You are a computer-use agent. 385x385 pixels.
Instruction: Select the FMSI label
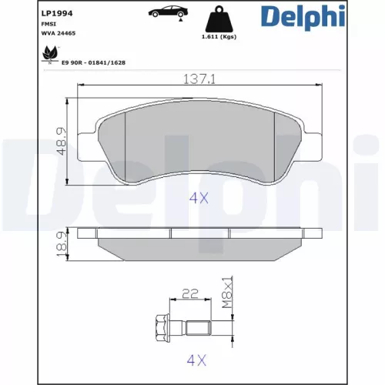point(26,25)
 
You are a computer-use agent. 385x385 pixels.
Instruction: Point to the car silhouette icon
point(160,13)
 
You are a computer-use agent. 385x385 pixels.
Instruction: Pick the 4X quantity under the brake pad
point(199,197)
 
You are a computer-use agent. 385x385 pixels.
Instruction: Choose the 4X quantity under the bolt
point(199,359)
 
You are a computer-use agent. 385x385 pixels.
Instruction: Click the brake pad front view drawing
point(199,142)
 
